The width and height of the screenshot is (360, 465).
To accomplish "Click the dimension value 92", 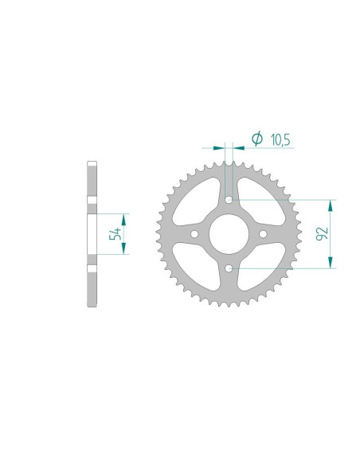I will [x=322, y=234].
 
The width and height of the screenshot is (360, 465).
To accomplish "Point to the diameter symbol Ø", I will [x=256, y=139].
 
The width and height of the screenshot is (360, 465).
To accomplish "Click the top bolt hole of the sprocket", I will [x=229, y=199].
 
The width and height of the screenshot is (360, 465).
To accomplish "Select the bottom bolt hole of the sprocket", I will [x=229, y=268].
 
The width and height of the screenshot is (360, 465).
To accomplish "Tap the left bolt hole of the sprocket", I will [x=195, y=234].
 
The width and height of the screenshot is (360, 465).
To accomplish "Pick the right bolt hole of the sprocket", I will [x=264, y=234].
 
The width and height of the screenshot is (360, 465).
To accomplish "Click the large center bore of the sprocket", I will [x=229, y=234].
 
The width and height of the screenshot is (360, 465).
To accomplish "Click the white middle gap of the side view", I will [x=92, y=234].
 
